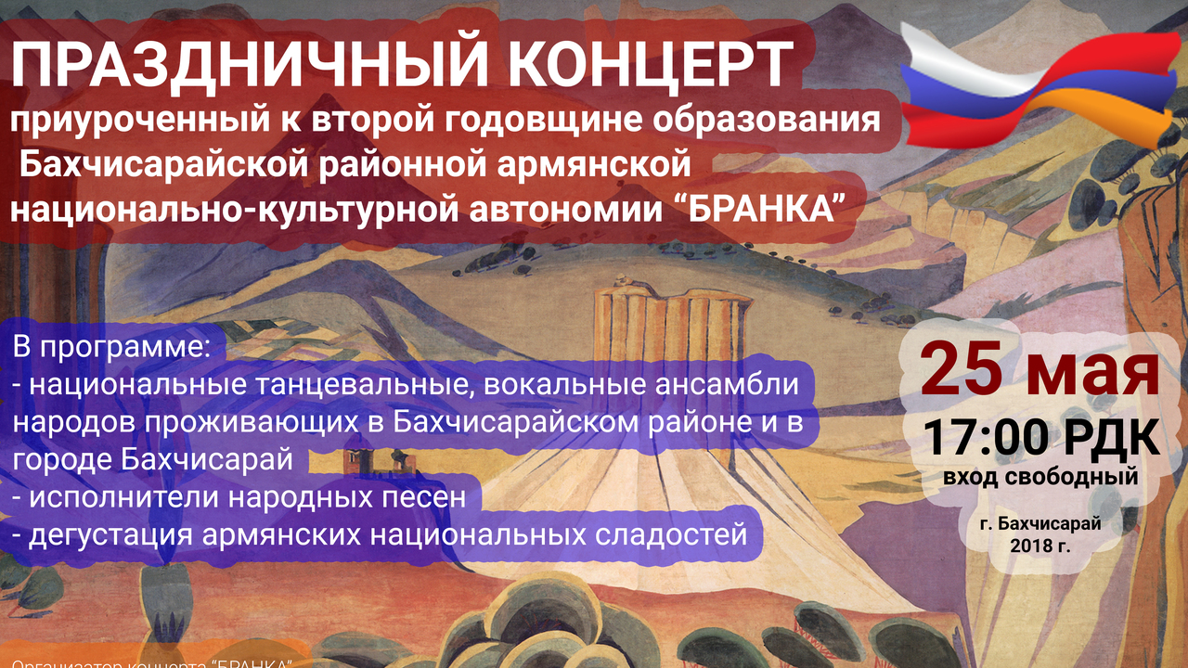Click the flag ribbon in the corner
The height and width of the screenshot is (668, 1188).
pos(1042,88)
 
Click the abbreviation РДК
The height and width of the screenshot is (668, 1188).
pos(1112,436)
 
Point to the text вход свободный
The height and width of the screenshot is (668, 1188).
pos(1039,479)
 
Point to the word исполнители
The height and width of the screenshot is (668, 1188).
pos(119,497)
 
